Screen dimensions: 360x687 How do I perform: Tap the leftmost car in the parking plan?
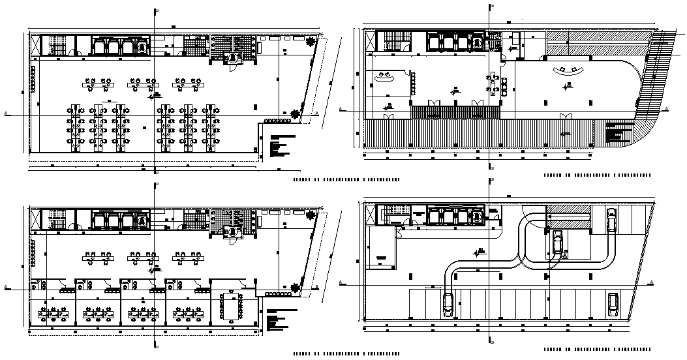tap(448, 304)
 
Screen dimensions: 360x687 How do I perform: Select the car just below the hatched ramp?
tap(558, 242)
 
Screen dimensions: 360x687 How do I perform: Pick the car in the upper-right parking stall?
tap(611, 220)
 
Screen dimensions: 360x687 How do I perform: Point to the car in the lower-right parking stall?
tap(613, 304)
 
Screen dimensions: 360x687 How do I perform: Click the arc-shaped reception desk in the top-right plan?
tap(566, 71)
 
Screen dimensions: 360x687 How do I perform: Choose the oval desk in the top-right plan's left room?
tap(384, 77)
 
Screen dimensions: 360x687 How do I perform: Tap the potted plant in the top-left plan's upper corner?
tap(308, 41)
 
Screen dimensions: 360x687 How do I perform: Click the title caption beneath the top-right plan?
tap(597, 176)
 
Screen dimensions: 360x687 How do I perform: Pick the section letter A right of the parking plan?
tap(653, 282)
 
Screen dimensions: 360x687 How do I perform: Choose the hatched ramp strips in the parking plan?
tap(568, 216)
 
